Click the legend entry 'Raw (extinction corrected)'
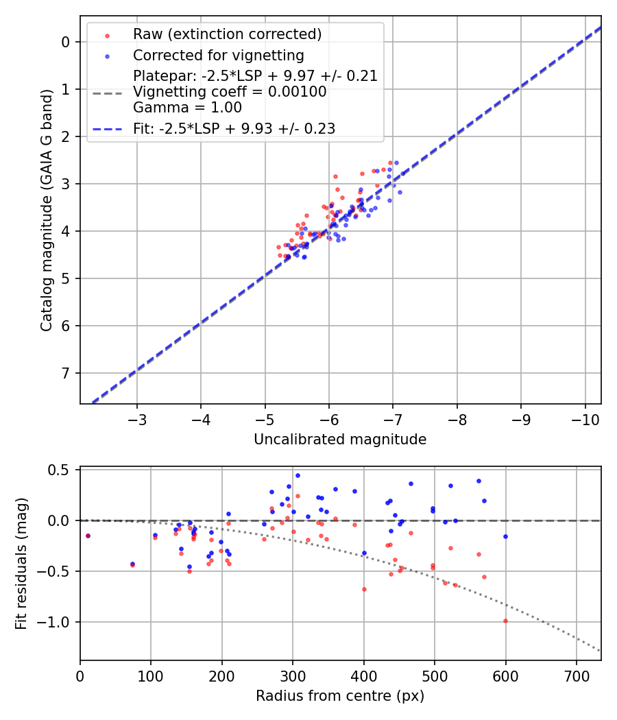(227, 34)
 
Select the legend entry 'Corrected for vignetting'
(218, 55)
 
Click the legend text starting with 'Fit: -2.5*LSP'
(234, 128)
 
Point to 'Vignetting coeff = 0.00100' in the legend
(230, 92)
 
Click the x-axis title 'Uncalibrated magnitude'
(340, 440)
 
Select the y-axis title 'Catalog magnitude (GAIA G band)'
(47, 208)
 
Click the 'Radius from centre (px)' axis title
(340, 696)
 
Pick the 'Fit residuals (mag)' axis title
(21, 564)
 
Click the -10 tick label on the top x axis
(585, 420)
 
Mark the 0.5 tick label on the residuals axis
(61, 470)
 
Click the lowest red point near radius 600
(505, 621)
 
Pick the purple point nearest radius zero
(88, 536)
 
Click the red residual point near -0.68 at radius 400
(364, 589)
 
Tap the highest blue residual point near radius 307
(298, 475)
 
